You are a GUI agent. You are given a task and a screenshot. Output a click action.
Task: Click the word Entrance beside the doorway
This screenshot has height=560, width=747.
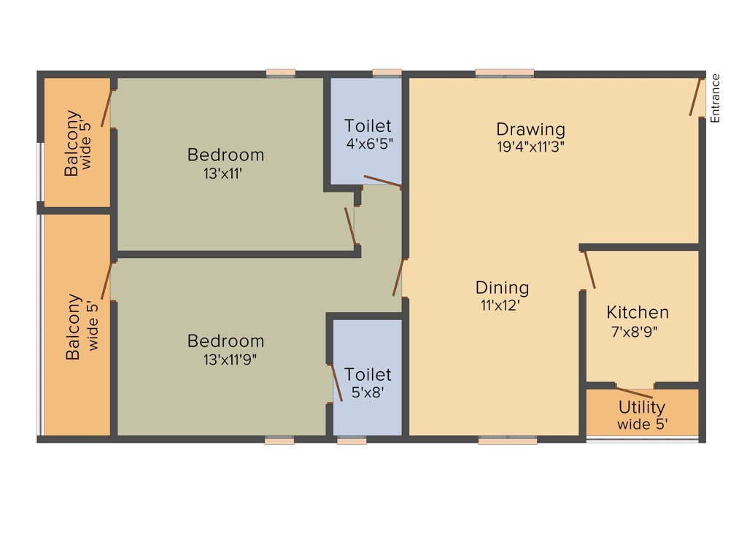click(x=716, y=98)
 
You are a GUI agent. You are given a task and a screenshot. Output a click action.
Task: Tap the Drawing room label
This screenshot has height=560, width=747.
click(x=530, y=129)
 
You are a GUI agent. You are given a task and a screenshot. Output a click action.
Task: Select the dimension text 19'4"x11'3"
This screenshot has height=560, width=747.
click(x=530, y=145)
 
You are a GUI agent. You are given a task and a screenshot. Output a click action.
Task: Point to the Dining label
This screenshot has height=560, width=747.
click(x=502, y=287)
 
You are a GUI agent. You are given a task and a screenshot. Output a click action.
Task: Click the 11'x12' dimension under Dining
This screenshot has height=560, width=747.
click(x=499, y=305)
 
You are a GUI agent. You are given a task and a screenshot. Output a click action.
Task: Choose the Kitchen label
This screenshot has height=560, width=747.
click(x=638, y=312)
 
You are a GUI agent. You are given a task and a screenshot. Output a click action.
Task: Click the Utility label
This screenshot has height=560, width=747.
click(x=642, y=407)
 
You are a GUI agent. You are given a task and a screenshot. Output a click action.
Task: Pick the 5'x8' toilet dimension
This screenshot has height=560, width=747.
click(x=368, y=392)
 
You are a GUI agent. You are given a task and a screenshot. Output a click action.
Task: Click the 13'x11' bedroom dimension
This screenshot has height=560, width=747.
click(x=224, y=174)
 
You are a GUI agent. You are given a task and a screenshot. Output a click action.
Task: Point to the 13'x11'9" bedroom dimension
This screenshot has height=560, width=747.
click(x=230, y=359)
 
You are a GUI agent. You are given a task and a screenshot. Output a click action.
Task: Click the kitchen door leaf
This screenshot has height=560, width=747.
click(x=589, y=270)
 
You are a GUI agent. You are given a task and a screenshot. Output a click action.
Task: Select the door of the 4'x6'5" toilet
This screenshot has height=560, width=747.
click(x=382, y=182)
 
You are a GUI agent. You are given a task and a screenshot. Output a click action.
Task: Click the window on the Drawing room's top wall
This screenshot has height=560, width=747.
click(x=505, y=72)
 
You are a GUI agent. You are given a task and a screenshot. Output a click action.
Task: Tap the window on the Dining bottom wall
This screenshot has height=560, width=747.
click(x=508, y=440)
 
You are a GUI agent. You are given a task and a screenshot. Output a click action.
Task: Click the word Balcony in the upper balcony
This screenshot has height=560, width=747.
click(x=71, y=143)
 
